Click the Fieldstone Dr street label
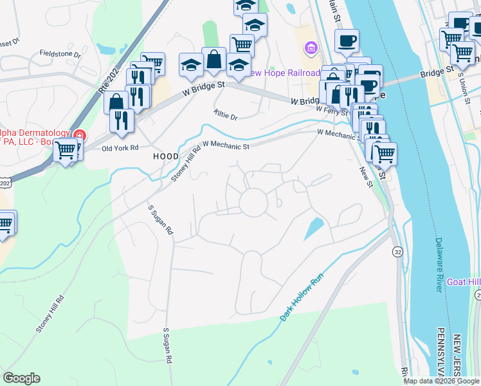60,54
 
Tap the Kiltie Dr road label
226,117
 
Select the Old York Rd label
120,147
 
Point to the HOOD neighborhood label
165,156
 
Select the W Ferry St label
331,109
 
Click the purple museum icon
311,48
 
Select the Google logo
21,378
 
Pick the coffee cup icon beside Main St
347,40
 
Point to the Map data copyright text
440,381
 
